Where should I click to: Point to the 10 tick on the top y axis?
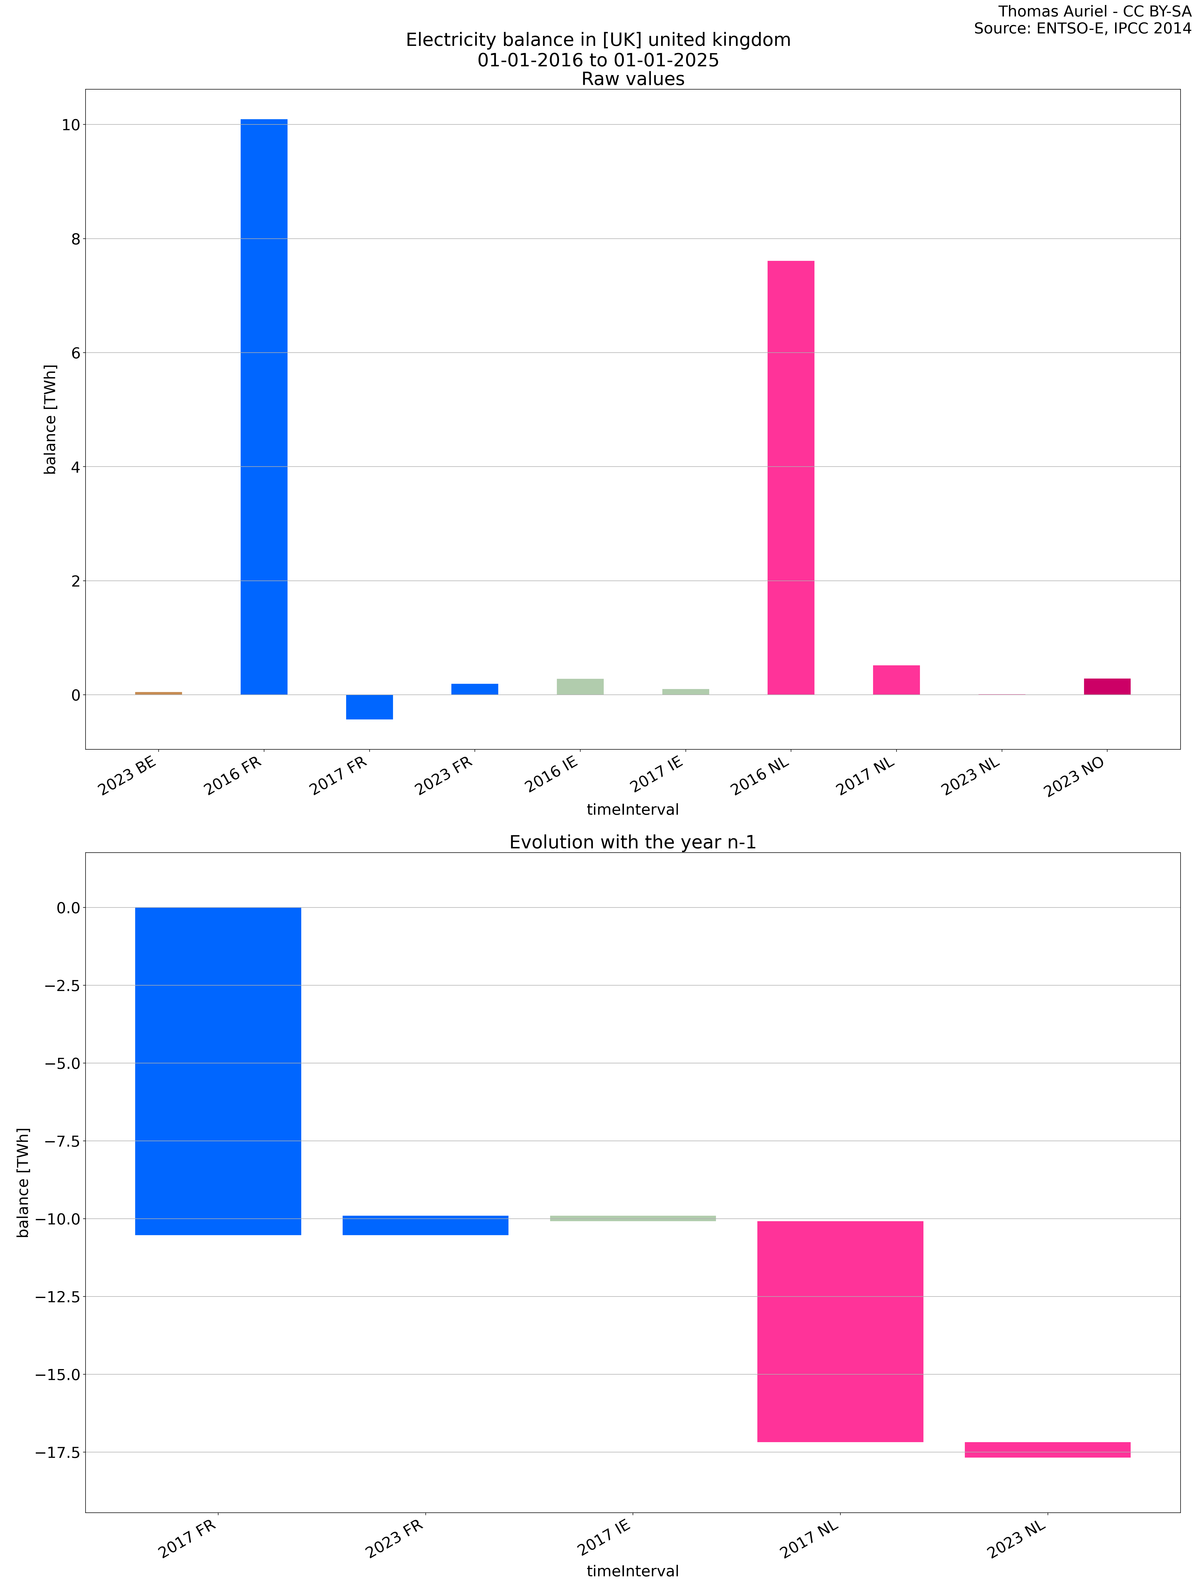71,125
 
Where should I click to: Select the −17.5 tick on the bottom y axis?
58,1452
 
